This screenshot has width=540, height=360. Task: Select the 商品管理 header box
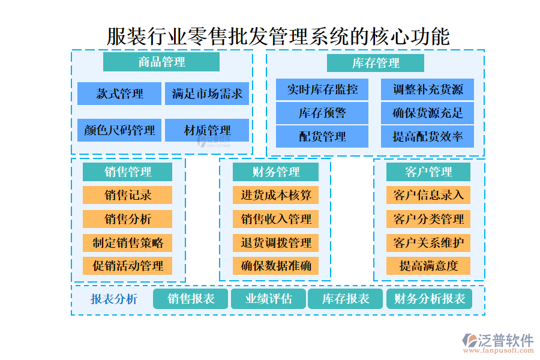tap(161, 62)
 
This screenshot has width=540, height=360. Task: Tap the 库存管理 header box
tap(376, 63)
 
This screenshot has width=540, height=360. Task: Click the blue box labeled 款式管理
tap(119, 94)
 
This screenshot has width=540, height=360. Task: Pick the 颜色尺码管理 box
tap(119, 130)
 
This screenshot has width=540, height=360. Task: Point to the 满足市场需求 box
tap(207, 94)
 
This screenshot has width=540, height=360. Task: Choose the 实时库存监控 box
tap(322, 89)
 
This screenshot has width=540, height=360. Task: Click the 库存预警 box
tap(322, 113)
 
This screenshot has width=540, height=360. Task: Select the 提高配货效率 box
tap(427, 136)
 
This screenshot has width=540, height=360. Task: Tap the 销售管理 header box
tap(127, 172)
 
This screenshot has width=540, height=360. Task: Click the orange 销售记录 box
tap(127, 195)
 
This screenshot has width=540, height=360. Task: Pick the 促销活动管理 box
tap(127, 265)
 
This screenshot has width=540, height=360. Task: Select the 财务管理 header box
tap(275, 172)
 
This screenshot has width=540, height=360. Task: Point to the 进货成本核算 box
tap(275, 195)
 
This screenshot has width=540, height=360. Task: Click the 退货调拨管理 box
tap(275, 242)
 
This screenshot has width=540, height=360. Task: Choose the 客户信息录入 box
tap(428, 195)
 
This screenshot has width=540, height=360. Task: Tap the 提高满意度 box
tap(428, 265)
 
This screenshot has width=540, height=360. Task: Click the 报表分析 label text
tap(114, 299)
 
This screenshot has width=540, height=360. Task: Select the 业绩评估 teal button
tap(268, 299)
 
